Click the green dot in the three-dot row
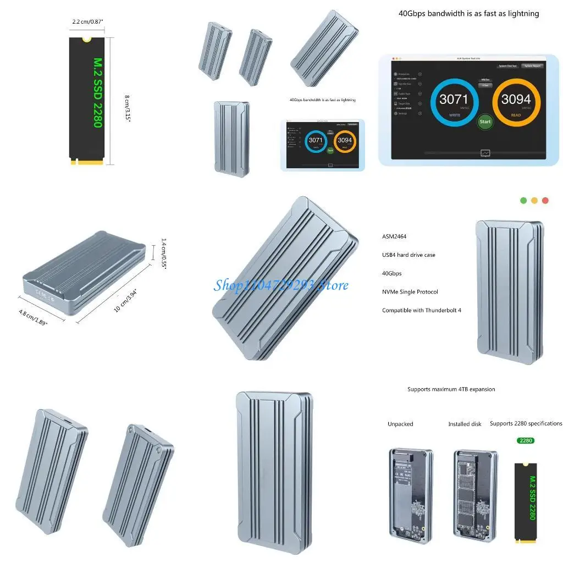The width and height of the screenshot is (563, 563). (x=523, y=201)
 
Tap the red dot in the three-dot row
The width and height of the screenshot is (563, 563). (x=545, y=201)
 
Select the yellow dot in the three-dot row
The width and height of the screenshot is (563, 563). (x=534, y=201)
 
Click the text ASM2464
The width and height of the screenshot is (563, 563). (x=394, y=236)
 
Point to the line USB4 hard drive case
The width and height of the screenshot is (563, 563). (x=409, y=255)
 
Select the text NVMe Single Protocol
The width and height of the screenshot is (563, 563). (x=410, y=292)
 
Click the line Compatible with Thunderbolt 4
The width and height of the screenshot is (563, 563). (x=422, y=311)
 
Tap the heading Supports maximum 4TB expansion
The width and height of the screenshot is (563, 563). (x=451, y=389)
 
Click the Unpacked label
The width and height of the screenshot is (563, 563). (x=400, y=424)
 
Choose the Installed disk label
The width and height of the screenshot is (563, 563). (x=465, y=424)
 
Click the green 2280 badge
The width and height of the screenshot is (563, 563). (x=526, y=440)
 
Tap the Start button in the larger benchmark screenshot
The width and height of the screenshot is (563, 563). (x=485, y=122)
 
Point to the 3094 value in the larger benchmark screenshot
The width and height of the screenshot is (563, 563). (x=516, y=100)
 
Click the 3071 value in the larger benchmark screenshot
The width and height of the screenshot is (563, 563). (x=454, y=100)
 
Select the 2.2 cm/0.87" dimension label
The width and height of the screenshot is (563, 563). (x=88, y=22)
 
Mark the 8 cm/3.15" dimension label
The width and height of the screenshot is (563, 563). (x=128, y=108)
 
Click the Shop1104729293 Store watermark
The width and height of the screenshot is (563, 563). (x=281, y=285)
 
